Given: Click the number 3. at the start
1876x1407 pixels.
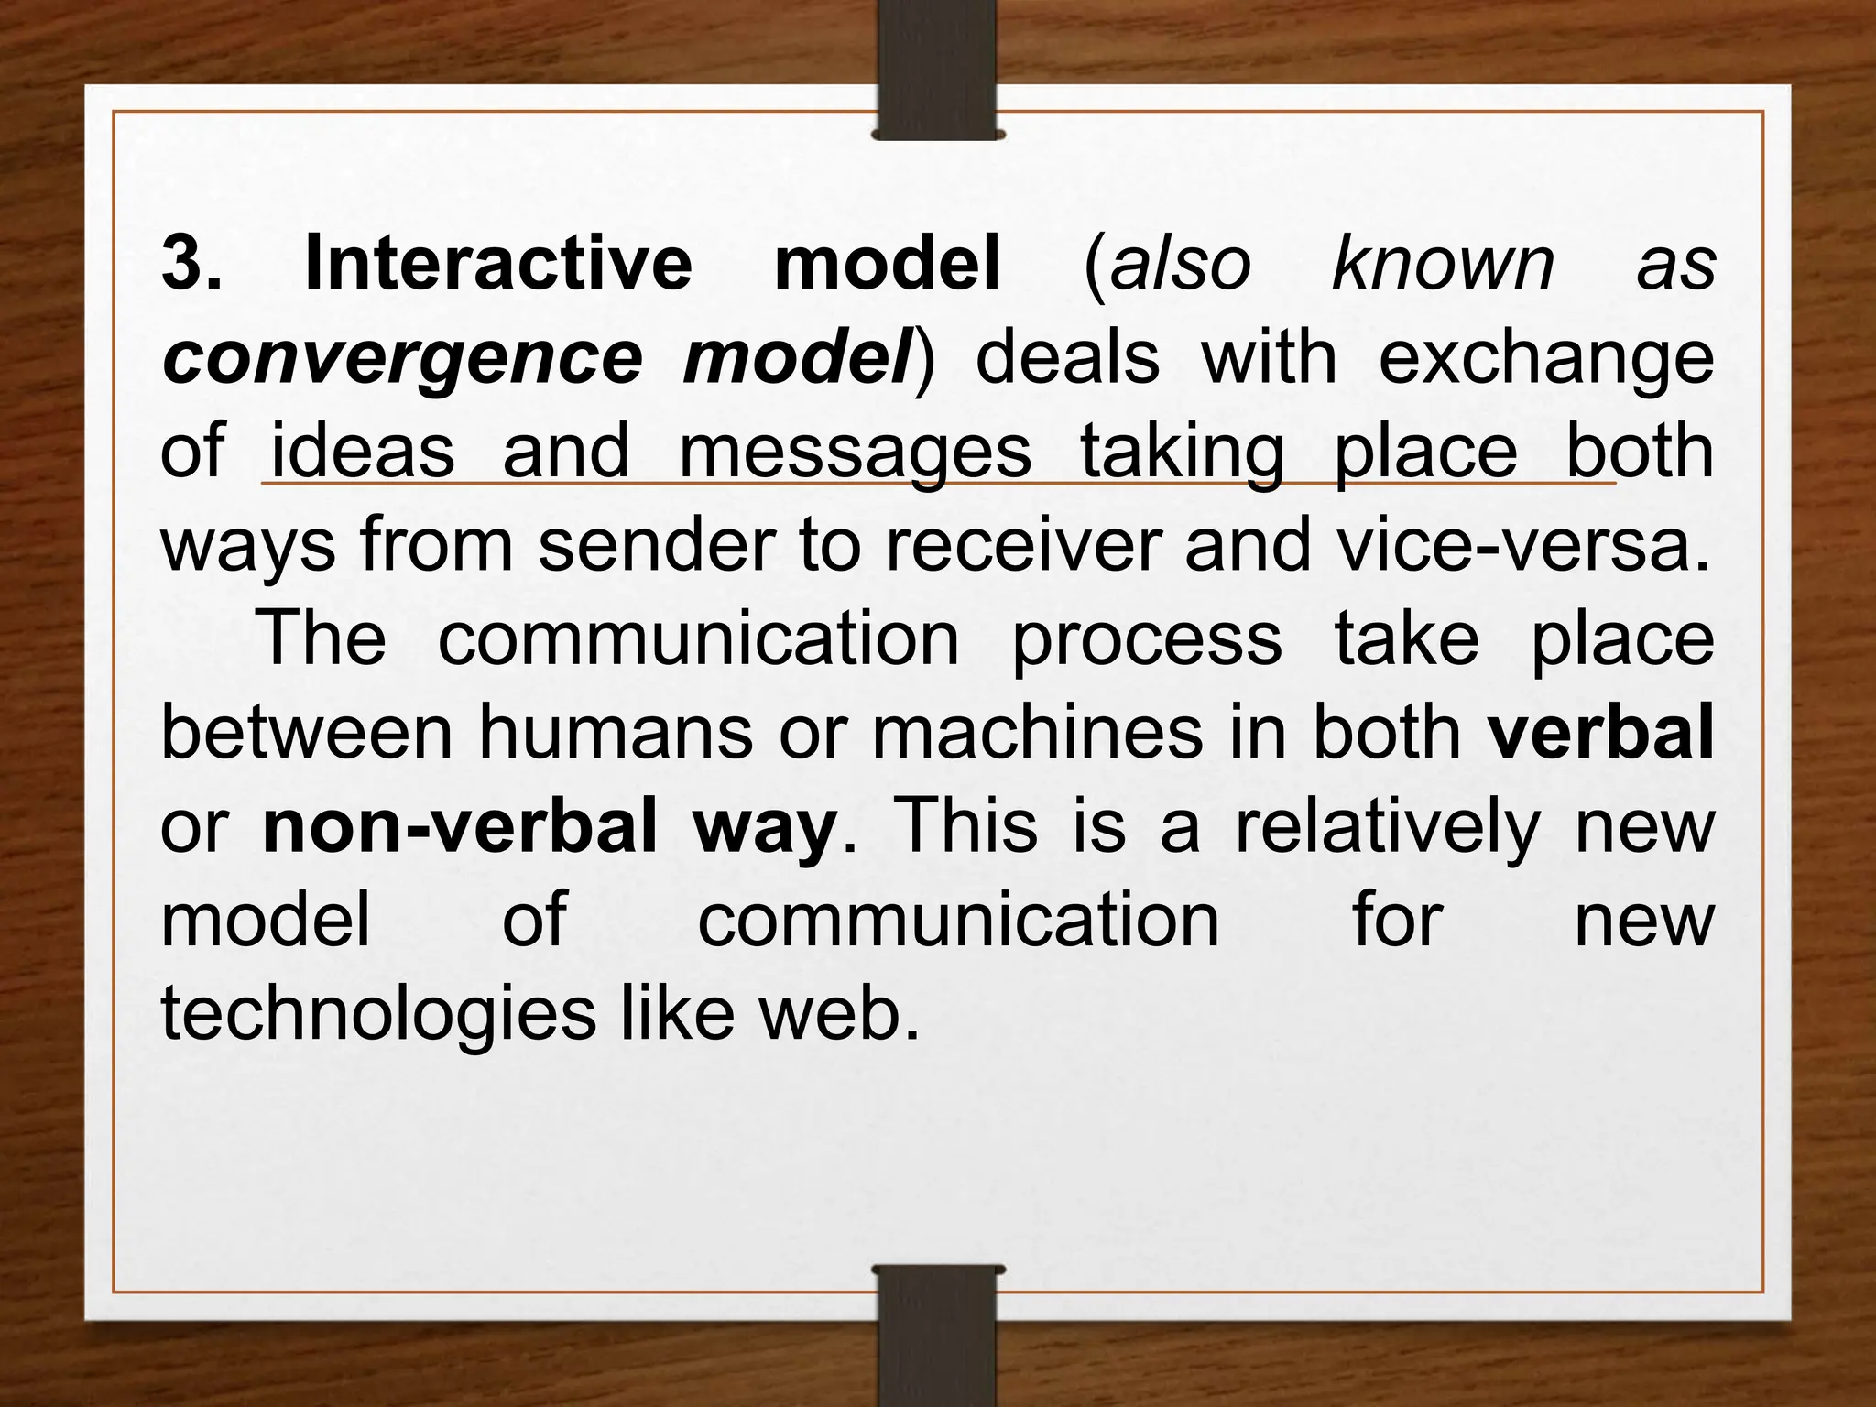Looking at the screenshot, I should click(x=191, y=264).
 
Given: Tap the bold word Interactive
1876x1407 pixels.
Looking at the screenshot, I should click(x=498, y=264).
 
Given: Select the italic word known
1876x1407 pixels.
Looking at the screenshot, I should click(x=1444, y=264).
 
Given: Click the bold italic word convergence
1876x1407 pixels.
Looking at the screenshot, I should click(x=403, y=359).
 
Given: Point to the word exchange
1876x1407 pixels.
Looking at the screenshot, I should click(x=1545, y=359).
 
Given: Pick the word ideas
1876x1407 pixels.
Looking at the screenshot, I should click(x=363, y=452).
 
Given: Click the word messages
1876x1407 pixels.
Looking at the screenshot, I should click(x=855, y=453).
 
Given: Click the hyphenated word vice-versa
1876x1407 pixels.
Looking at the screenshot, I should click(x=1522, y=547).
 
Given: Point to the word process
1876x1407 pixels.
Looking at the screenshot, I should click(x=1146, y=641).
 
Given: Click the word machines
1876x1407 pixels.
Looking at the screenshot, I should click(x=1036, y=733).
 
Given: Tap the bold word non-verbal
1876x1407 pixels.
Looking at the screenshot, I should click(x=460, y=827).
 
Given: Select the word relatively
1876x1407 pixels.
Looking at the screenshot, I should click(x=1388, y=827).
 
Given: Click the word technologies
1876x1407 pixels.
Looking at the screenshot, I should click(x=378, y=1015).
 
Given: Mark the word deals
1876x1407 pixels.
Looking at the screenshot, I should click(x=1067, y=359).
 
